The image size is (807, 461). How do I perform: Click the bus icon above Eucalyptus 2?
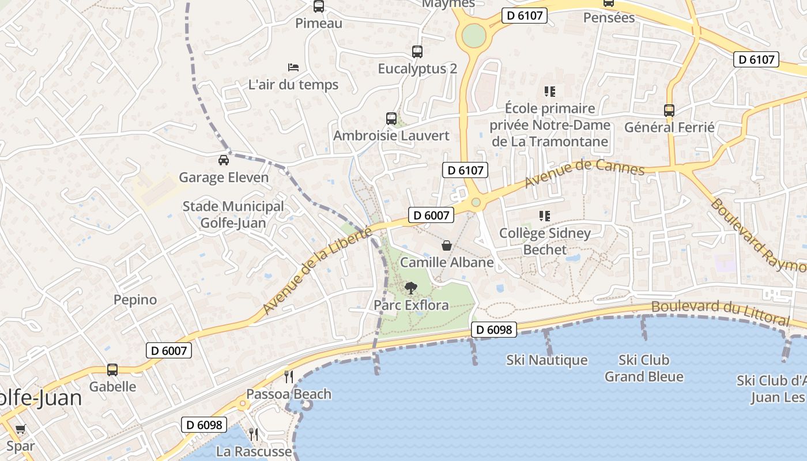point(417,52)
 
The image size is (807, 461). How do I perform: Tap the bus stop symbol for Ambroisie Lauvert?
point(391,119)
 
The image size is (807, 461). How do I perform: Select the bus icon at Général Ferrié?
point(669,110)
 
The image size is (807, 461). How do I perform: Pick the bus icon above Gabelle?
point(112,370)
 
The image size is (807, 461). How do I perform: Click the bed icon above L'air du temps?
point(293,67)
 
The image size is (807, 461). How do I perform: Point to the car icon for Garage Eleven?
point(224,160)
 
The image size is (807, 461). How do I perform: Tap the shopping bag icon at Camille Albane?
point(447,245)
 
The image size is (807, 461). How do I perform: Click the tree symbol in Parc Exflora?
point(411,288)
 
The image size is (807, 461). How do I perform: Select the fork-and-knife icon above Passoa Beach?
point(289,377)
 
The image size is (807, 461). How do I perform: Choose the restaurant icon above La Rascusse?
point(254,433)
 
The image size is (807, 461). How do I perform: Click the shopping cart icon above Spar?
point(21,429)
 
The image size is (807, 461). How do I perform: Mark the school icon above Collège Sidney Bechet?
point(545,216)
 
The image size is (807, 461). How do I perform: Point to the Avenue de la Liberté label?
point(316,270)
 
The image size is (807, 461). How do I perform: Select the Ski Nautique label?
point(547,360)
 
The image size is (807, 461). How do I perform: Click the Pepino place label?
point(135,300)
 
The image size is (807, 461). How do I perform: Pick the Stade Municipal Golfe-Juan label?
point(233,214)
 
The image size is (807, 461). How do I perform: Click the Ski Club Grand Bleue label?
point(644,368)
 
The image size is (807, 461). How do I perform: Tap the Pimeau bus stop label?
point(319,24)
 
